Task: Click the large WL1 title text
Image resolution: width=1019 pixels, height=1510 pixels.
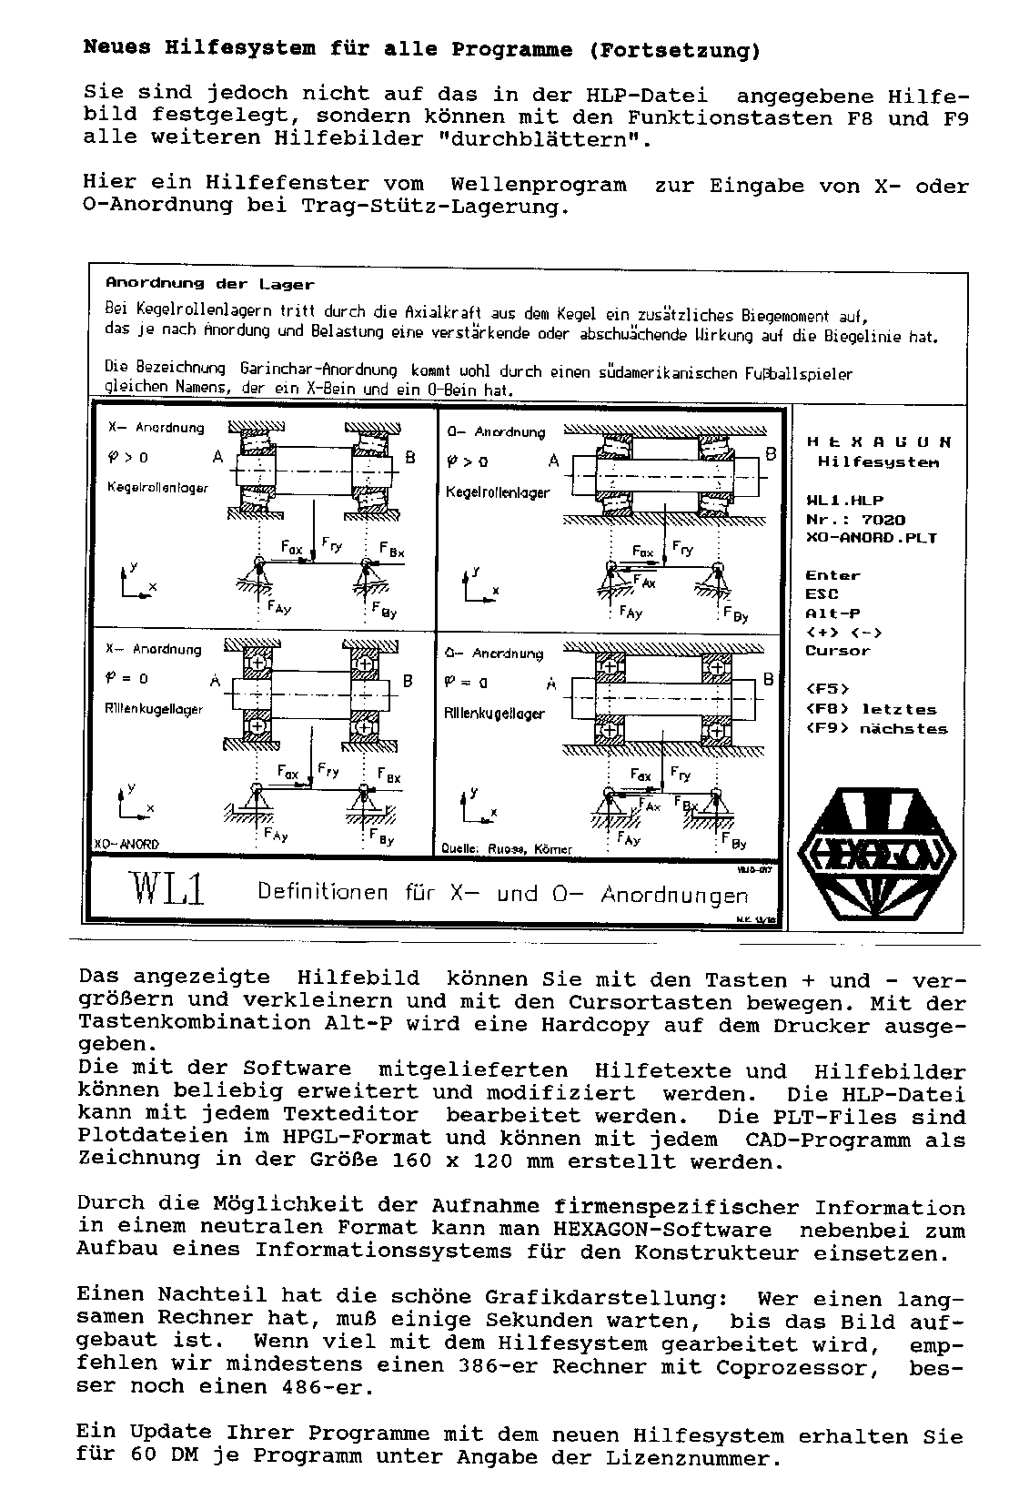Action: [168, 889]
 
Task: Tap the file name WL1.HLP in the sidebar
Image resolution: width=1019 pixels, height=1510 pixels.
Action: [844, 501]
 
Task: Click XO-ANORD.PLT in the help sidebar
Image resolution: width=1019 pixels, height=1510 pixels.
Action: [871, 538]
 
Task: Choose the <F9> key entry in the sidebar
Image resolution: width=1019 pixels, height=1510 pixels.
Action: [827, 728]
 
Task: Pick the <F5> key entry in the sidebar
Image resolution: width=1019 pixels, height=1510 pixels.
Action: [827, 689]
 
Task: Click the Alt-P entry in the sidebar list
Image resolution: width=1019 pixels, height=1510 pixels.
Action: [832, 613]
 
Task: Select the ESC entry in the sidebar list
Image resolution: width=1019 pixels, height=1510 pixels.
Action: [822, 594]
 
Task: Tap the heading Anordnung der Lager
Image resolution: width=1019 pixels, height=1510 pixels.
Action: [209, 284]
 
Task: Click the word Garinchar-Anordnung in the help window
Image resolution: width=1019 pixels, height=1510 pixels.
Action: [318, 370]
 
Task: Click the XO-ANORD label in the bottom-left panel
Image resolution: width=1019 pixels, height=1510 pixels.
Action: [126, 844]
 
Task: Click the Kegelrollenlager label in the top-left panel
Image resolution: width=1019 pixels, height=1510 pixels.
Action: [157, 487]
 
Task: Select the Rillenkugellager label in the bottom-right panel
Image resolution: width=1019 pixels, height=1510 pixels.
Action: [494, 714]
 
